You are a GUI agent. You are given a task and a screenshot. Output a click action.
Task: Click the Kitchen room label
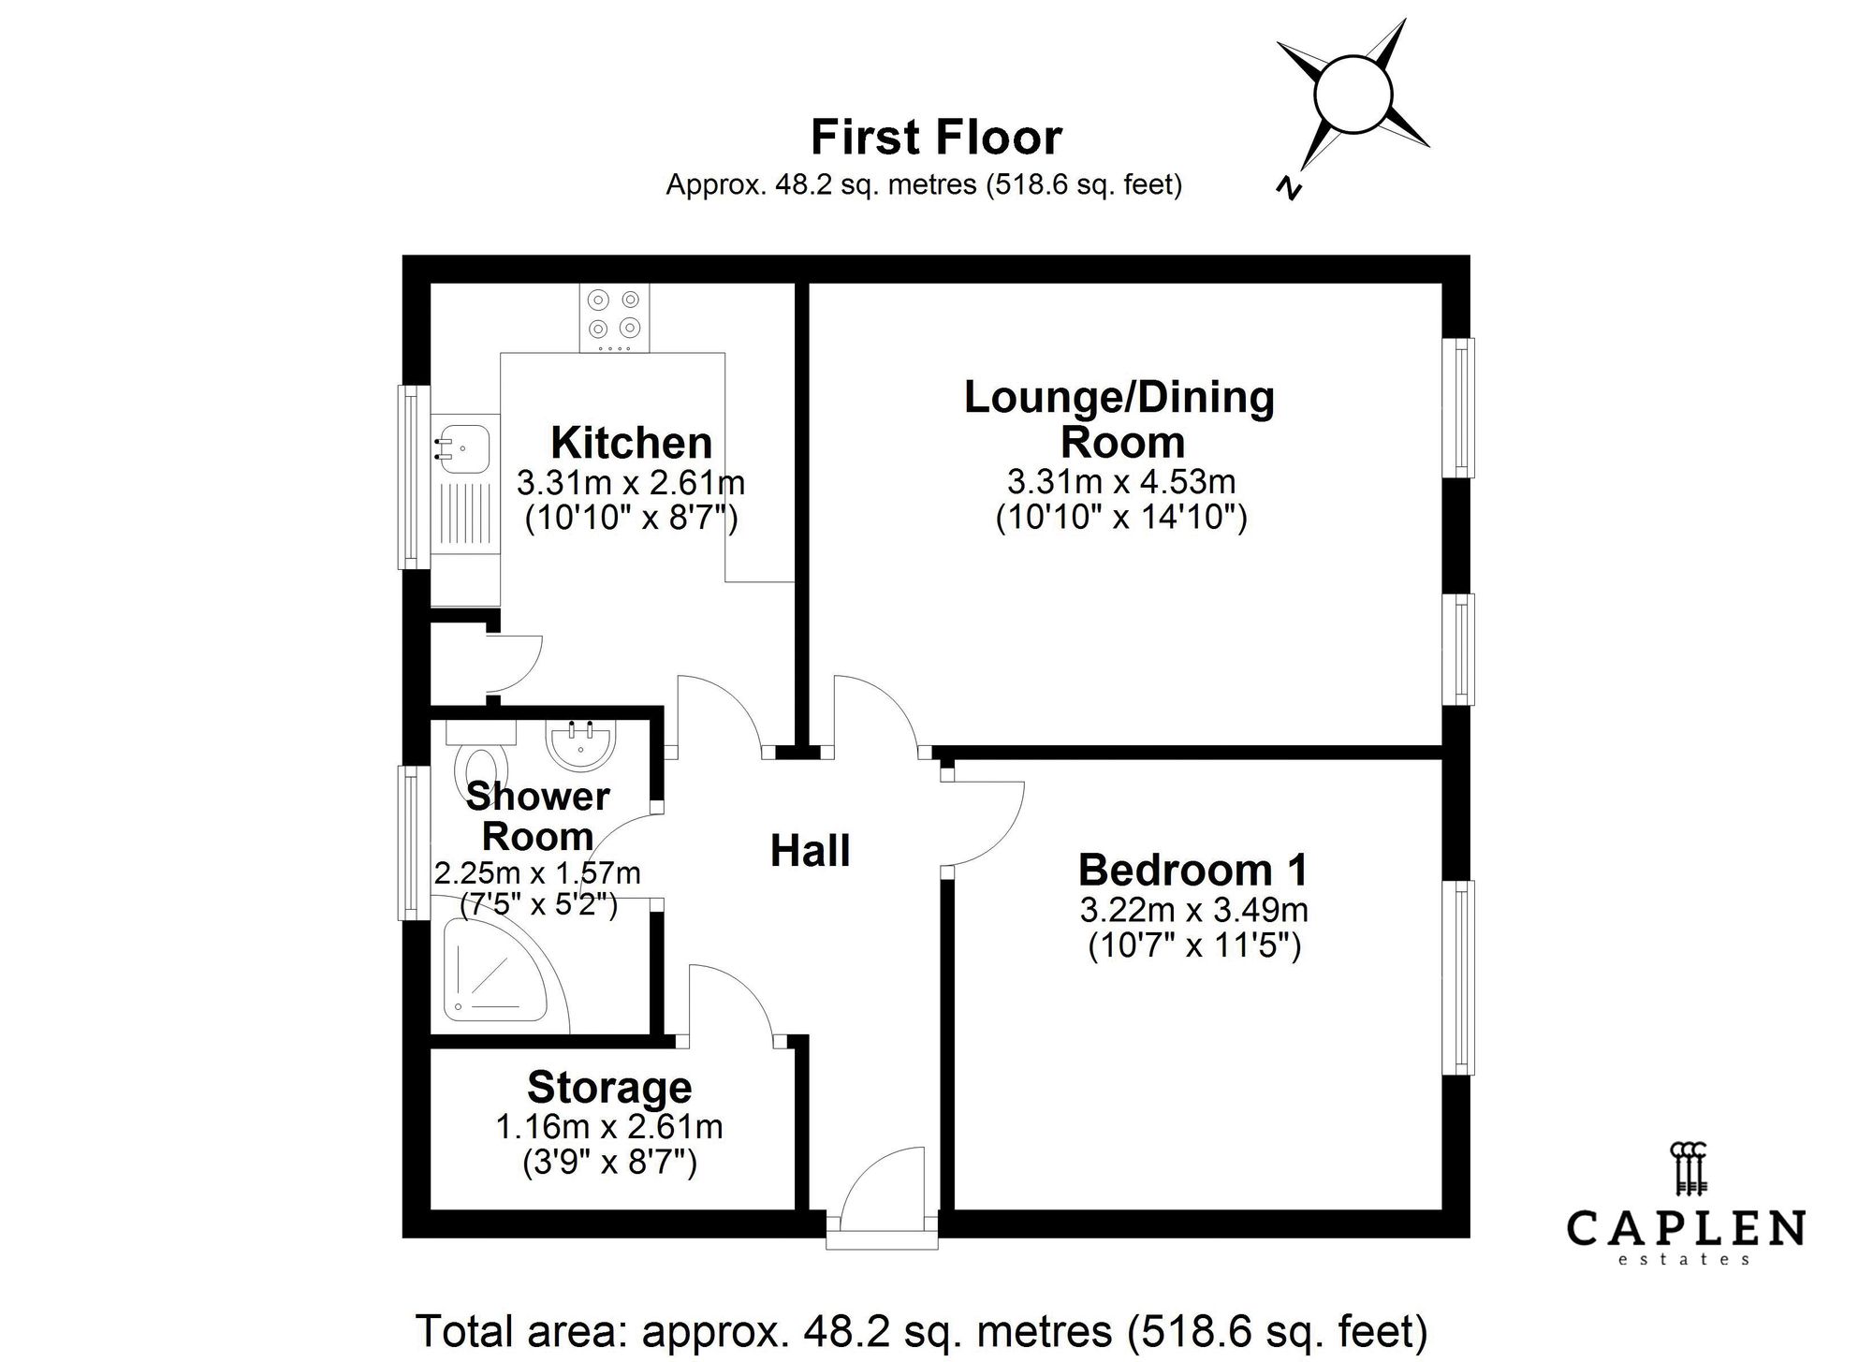coord(631,443)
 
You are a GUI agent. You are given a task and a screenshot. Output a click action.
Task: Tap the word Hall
coord(810,851)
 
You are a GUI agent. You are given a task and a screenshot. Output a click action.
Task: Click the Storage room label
coord(609,1088)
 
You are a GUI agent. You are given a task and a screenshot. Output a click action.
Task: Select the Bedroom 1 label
coord(1193,870)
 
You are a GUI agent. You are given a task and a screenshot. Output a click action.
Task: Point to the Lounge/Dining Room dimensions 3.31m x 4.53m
coord(1121,482)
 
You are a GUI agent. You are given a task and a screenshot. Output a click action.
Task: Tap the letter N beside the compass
coord(1290,187)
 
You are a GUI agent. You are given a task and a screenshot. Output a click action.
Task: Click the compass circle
coord(1353,95)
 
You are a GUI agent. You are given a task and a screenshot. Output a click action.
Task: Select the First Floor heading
coord(936,138)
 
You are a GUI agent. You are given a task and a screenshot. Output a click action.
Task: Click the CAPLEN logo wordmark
coord(1686,1228)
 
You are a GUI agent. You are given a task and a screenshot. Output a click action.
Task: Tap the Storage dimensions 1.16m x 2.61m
coord(609,1127)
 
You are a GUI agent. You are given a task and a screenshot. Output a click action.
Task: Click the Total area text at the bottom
coord(921,1330)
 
